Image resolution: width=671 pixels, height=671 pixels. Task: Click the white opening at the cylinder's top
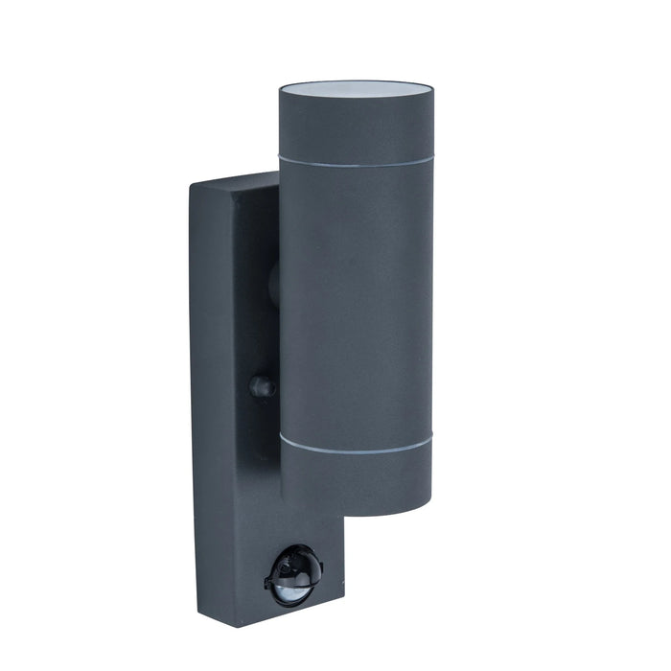point(356,86)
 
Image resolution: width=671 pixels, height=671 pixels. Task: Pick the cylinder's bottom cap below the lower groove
point(356,479)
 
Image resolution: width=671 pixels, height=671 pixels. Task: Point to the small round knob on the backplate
point(260,386)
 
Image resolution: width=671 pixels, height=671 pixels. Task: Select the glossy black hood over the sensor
point(294,560)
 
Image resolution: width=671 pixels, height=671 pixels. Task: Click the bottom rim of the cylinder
point(356,510)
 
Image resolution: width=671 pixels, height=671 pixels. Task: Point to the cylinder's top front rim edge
point(356,97)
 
